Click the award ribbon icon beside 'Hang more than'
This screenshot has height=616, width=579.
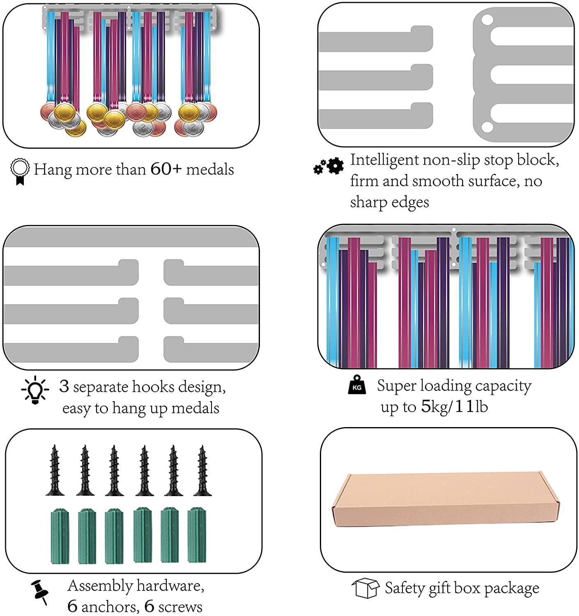click(x=20, y=172)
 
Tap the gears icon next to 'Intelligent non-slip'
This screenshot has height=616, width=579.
click(x=328, y=166)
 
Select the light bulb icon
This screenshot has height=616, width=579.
click(x=35, y=390)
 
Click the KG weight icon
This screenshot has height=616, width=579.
click(x=357, y=385)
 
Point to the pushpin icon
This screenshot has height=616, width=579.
click(x=40, y=592)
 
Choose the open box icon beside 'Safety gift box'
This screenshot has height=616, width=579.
click(x=365, y=588)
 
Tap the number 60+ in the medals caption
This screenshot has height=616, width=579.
click(x=166, y=169)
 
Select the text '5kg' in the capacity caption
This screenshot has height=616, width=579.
click(x=434, y=406)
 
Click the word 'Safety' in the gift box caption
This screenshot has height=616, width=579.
click(x=404, y=588)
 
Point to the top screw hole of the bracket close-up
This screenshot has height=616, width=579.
click(x=487, y=20)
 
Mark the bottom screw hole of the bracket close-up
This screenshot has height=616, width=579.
click(x=487, y=127)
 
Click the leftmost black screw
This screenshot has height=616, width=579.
click(x=55, y=470)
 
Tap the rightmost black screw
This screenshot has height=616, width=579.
click(x=202, y=470)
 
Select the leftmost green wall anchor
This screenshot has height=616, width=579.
click(x=60, y=536)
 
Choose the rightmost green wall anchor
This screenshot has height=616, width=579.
click(x=197, y=536)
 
